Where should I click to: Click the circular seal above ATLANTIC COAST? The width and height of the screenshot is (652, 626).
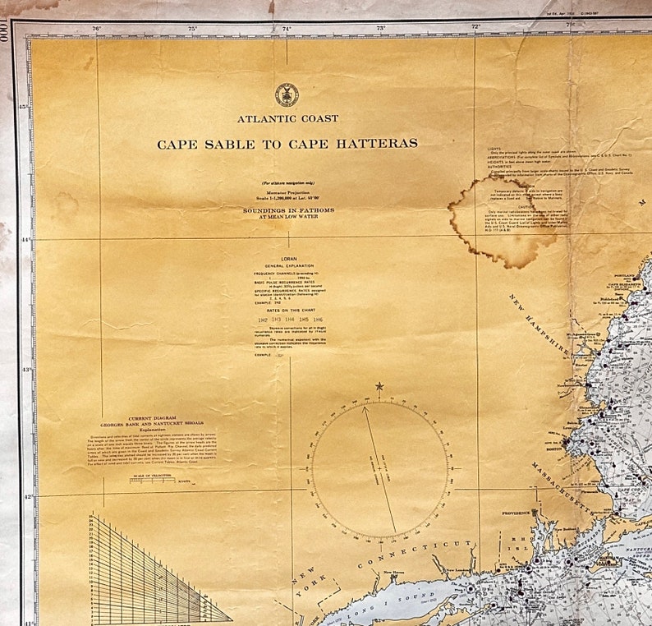[287, 94]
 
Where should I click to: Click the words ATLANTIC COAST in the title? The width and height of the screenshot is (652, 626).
[287, 119]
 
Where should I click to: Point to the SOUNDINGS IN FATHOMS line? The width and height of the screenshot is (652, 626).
[287, 209]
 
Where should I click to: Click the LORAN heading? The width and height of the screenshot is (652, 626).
[288, 258]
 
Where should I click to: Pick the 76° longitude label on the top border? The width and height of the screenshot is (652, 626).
[97, 29]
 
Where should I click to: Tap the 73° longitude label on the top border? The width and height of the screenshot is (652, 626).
[381, 29]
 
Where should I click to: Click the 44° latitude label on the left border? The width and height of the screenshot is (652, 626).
[24, 239]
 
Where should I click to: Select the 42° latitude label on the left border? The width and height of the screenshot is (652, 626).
[24, 497]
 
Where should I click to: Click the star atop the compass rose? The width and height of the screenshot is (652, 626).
[379, 386]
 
